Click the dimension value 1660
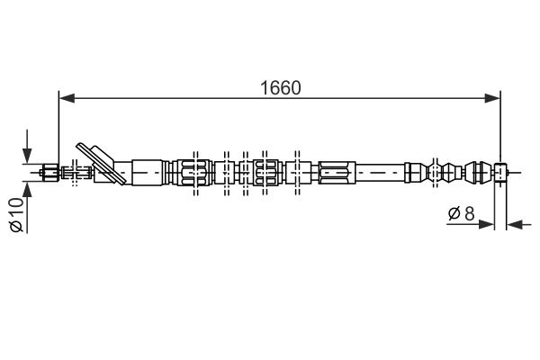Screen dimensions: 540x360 point(280,88)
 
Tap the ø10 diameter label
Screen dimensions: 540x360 point(16,214)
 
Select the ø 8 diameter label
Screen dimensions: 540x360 point(462,214)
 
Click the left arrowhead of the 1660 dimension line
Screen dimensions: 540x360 point(67,98)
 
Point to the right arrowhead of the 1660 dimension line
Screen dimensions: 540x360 point(492,98)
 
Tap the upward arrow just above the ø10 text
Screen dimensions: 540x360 point(27,191)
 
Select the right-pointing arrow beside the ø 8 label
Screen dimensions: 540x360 point(471,225)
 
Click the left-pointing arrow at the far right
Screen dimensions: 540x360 point(519,225)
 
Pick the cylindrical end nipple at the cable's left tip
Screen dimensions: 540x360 point(49,171)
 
